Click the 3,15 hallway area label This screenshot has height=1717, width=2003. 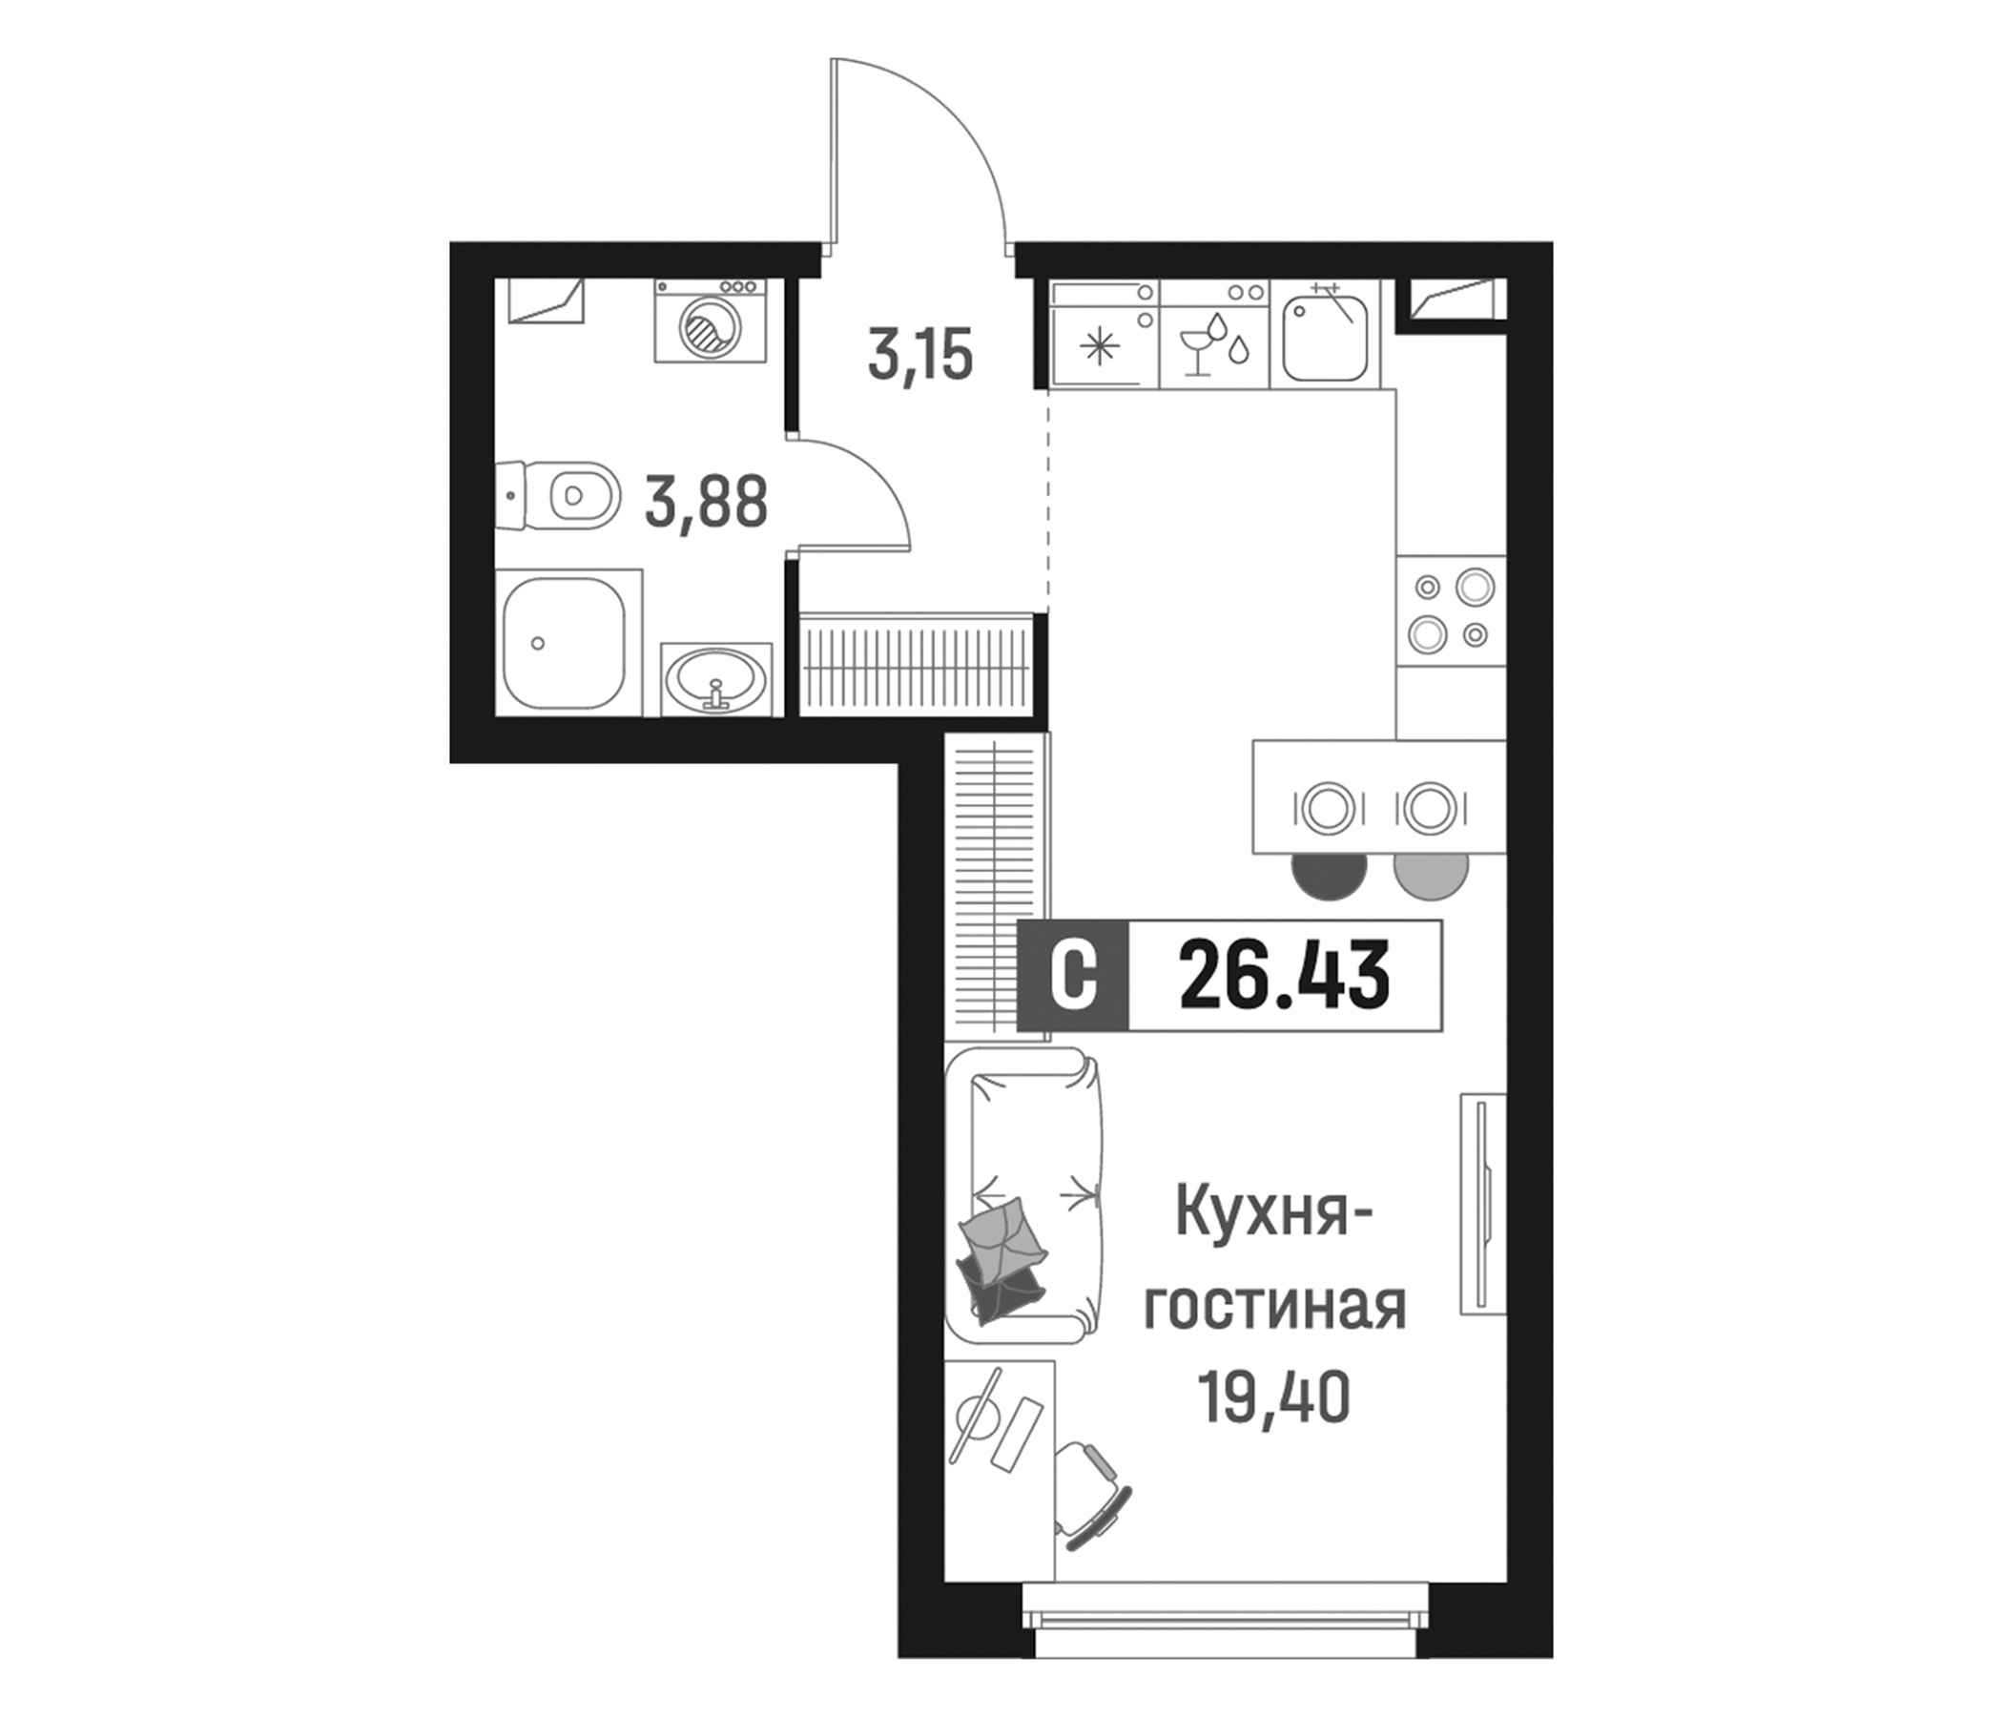919,356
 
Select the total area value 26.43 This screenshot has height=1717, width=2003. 1285,977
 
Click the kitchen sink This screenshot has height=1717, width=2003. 1326,338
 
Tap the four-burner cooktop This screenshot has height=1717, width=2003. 1451,611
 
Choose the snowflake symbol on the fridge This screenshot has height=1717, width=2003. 1098,346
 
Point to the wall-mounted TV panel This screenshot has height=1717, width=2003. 1482,1204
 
